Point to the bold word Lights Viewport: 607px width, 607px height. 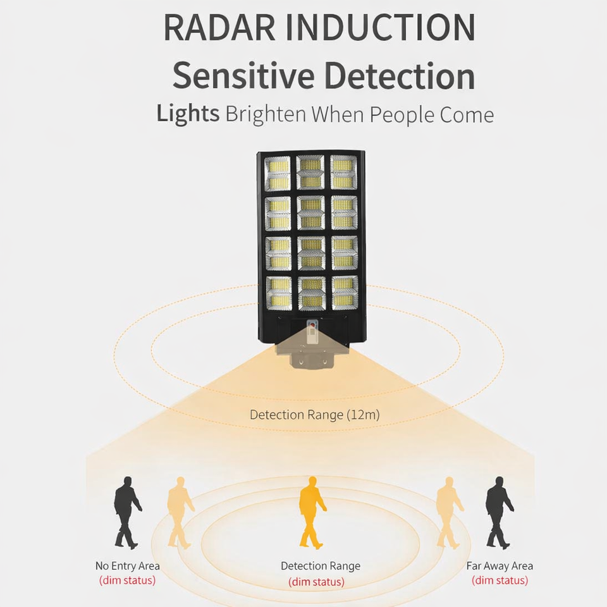(x=187, y=114)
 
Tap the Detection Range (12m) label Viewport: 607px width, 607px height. (x=314, y=415)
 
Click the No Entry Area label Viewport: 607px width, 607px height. (x=127, y=566)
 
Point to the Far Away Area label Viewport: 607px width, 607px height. (x=500, y=566)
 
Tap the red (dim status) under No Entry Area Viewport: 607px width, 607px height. (x=127, y=580)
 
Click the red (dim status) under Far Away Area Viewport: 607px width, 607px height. (x=500, y=580)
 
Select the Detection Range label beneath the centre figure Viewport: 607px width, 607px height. (x=321, y=566)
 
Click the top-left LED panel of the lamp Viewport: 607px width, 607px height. (x=278, y=174)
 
